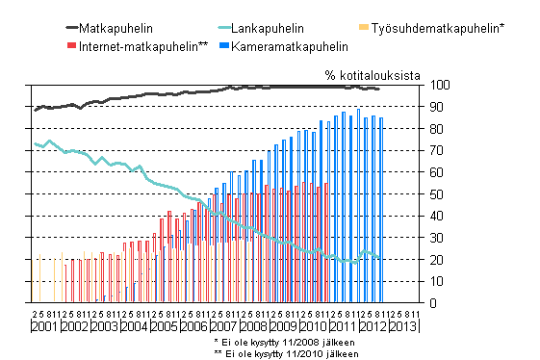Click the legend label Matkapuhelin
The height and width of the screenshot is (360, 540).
point(116,29)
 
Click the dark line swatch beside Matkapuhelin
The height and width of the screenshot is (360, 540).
point(70,29)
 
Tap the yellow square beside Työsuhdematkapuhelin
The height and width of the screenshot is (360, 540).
point(363,29)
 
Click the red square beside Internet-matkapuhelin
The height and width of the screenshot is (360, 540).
point(71,45)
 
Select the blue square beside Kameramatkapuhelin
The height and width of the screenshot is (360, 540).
point(223,45)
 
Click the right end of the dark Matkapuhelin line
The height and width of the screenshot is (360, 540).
point(379,90)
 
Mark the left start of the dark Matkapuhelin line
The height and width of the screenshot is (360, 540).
point(35,110)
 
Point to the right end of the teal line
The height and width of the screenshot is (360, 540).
point(379,257)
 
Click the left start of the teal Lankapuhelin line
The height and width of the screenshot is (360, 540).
point(35,143)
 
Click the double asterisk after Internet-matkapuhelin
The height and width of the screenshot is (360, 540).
point(203,43)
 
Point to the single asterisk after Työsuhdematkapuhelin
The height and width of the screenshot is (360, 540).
point(501,27)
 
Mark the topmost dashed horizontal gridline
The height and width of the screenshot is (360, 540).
point(226,106)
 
